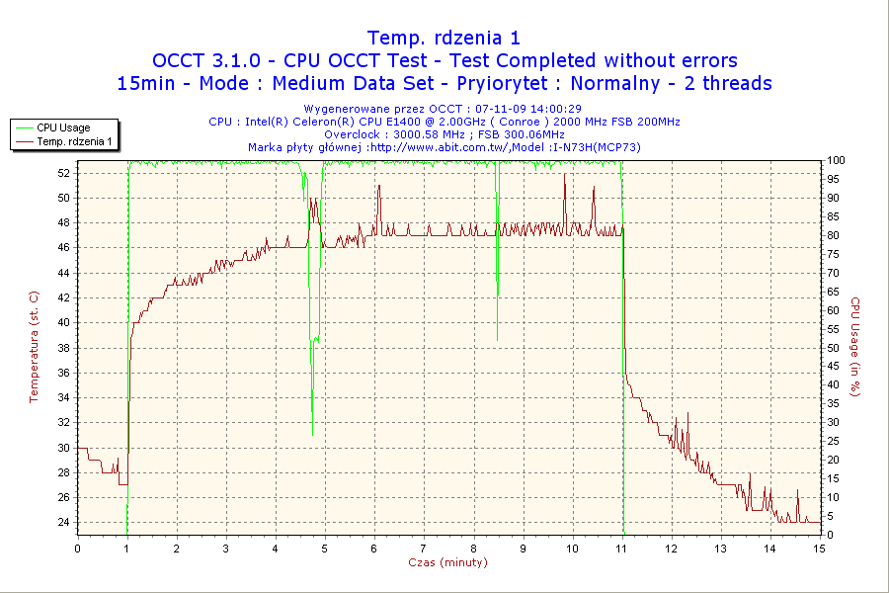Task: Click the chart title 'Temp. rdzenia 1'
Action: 444,38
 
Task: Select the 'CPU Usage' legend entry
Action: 63,127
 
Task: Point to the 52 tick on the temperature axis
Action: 64,173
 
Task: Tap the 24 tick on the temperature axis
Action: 64,522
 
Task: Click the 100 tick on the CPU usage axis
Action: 835,160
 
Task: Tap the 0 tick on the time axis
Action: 77,549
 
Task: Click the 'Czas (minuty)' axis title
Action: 447,562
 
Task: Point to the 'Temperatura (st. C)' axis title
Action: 34,346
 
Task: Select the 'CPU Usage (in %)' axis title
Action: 855,346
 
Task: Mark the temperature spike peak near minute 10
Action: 565,174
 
